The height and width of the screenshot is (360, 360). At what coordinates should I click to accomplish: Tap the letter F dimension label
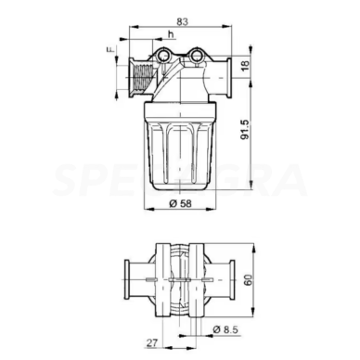click(x=109, y=47)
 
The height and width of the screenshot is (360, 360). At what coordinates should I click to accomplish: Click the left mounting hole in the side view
click(x=163, y=58)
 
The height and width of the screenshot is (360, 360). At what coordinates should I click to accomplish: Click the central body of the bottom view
click(x=182, y=276)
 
